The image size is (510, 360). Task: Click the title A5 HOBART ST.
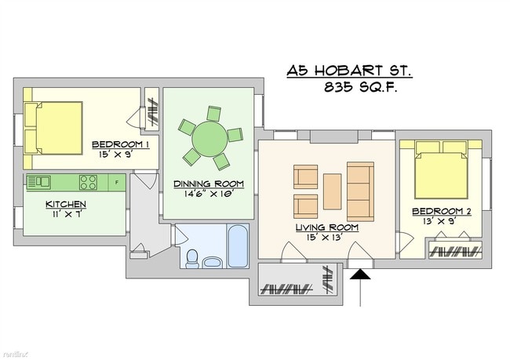click(349, 71)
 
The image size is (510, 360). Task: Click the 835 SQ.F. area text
click(360, 87)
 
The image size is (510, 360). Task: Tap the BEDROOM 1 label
click(121, 144)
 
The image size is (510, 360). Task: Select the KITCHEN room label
click(66, 205)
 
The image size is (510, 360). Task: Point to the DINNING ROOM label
click(209, 184)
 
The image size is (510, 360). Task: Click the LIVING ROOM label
click(327, 227)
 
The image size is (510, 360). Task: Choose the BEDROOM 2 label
click(442, 212)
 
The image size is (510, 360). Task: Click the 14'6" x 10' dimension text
click(209, 195)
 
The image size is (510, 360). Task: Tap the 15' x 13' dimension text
click(326, 238)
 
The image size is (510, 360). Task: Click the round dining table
click(209, 139)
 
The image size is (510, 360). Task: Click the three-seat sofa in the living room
click(360, 191)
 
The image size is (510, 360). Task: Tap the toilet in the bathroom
click(192, 259)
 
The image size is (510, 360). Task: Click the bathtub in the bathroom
click(238, 245)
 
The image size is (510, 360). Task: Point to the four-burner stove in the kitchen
click(88, 183)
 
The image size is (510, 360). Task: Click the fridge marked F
click(117, 183)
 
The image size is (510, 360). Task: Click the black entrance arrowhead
click(360, 275)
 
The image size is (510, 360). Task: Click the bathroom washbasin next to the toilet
click(213, 262)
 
